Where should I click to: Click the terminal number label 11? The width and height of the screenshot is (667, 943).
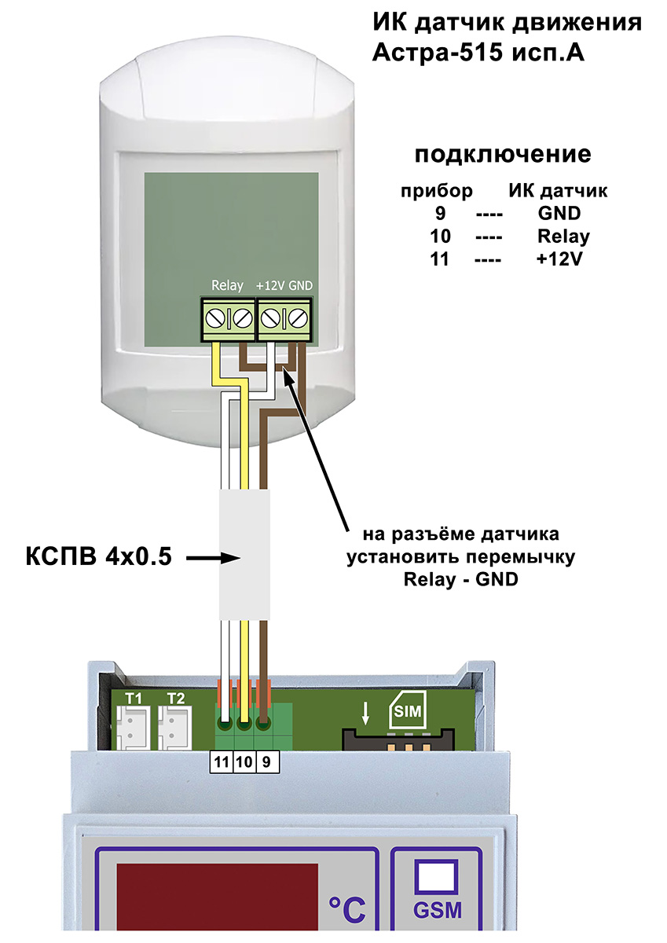(222, 761)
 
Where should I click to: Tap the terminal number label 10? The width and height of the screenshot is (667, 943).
(244, 761)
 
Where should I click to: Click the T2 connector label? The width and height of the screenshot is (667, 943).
(175, 698)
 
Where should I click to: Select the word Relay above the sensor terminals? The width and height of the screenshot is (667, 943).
(227, 285)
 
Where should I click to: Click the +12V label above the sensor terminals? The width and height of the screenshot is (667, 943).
(270, 285)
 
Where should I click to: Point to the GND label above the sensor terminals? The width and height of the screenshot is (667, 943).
(301, 285)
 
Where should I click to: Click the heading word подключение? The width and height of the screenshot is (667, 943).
(502, 153)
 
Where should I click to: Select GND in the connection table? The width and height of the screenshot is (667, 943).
(559, 213)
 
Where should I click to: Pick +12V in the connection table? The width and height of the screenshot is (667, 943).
(560, 259)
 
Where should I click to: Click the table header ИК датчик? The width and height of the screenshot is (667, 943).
(559, 190)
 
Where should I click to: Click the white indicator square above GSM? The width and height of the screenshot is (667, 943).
(437, 875)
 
